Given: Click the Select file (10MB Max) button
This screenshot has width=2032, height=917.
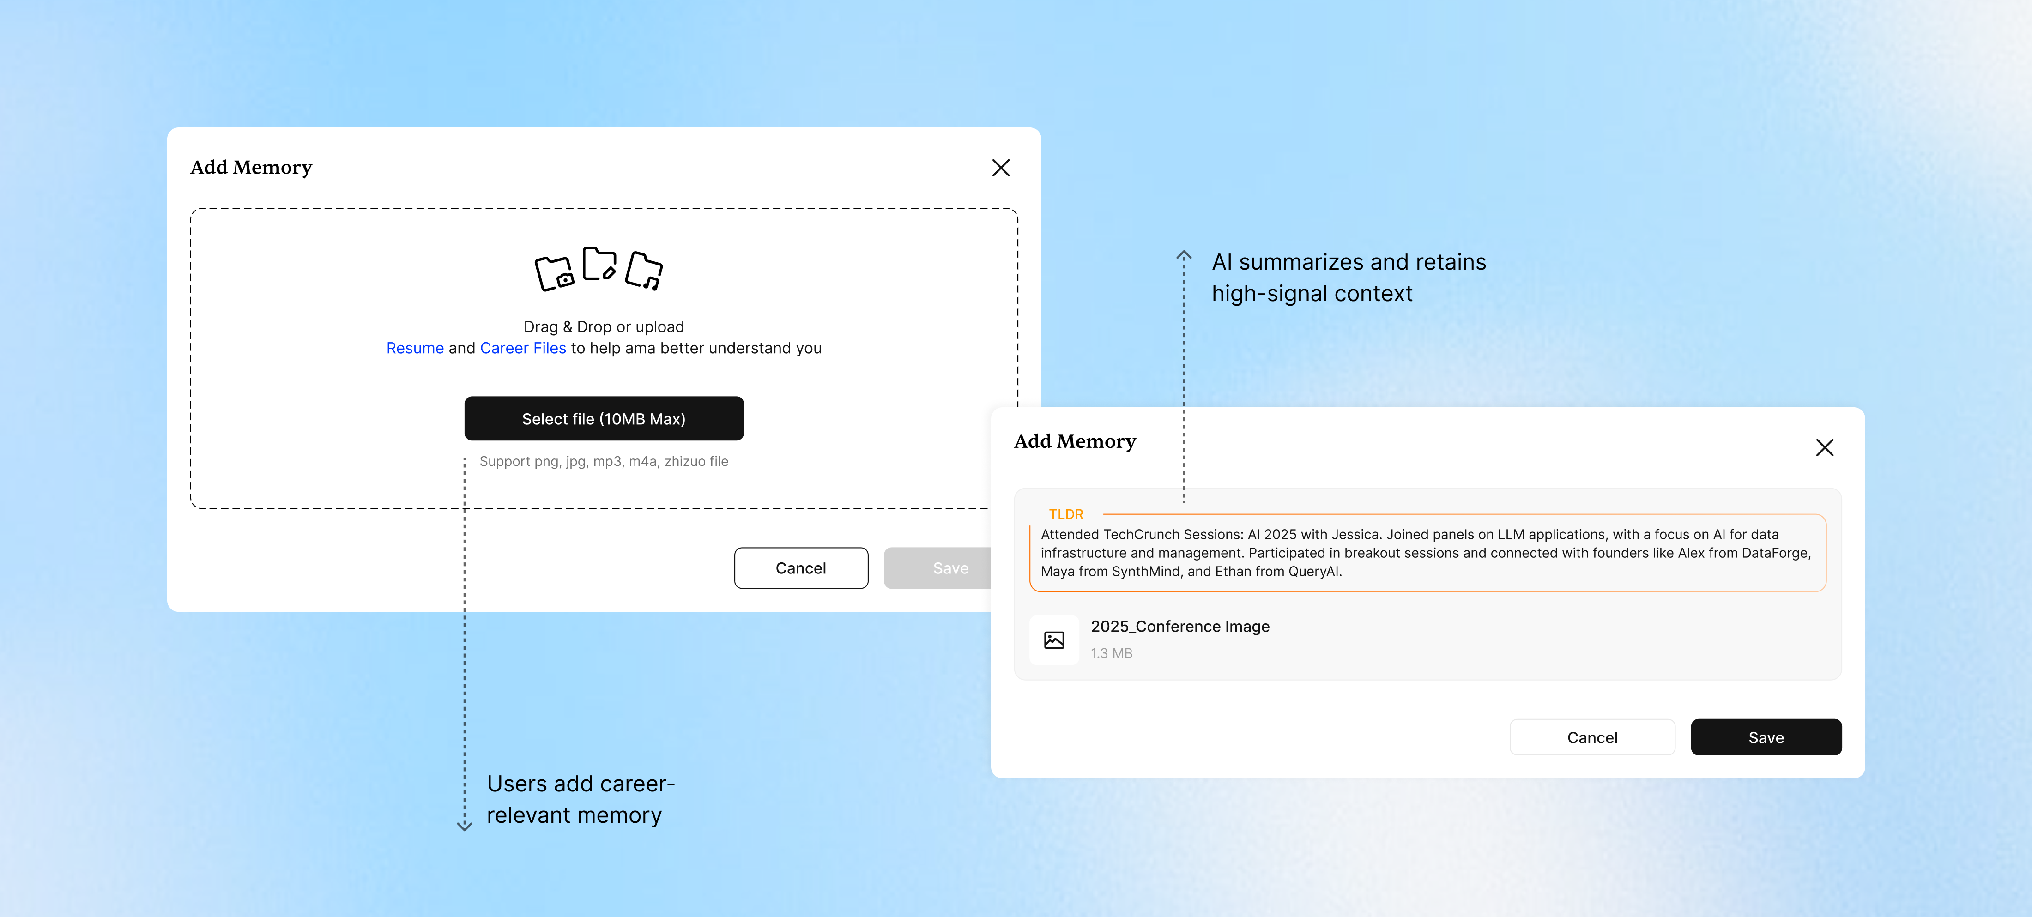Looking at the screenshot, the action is (604, 419).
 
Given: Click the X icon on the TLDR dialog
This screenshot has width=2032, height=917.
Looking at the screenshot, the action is (1825, 448).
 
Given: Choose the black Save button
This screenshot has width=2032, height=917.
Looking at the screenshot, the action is (1766, 737).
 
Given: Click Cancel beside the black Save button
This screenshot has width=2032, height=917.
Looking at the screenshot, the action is (1592, 737).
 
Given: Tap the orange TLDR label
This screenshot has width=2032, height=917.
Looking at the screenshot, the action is (1066, 514).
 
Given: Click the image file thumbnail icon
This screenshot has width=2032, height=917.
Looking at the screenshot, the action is (1054, 639).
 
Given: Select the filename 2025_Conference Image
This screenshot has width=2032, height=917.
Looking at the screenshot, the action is (1180, 626).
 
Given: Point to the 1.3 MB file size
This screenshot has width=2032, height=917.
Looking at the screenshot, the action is (1112, 653).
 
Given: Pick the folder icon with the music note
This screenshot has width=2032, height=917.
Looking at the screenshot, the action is (644, 271).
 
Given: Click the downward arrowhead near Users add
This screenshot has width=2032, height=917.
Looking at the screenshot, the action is (465, 827).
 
